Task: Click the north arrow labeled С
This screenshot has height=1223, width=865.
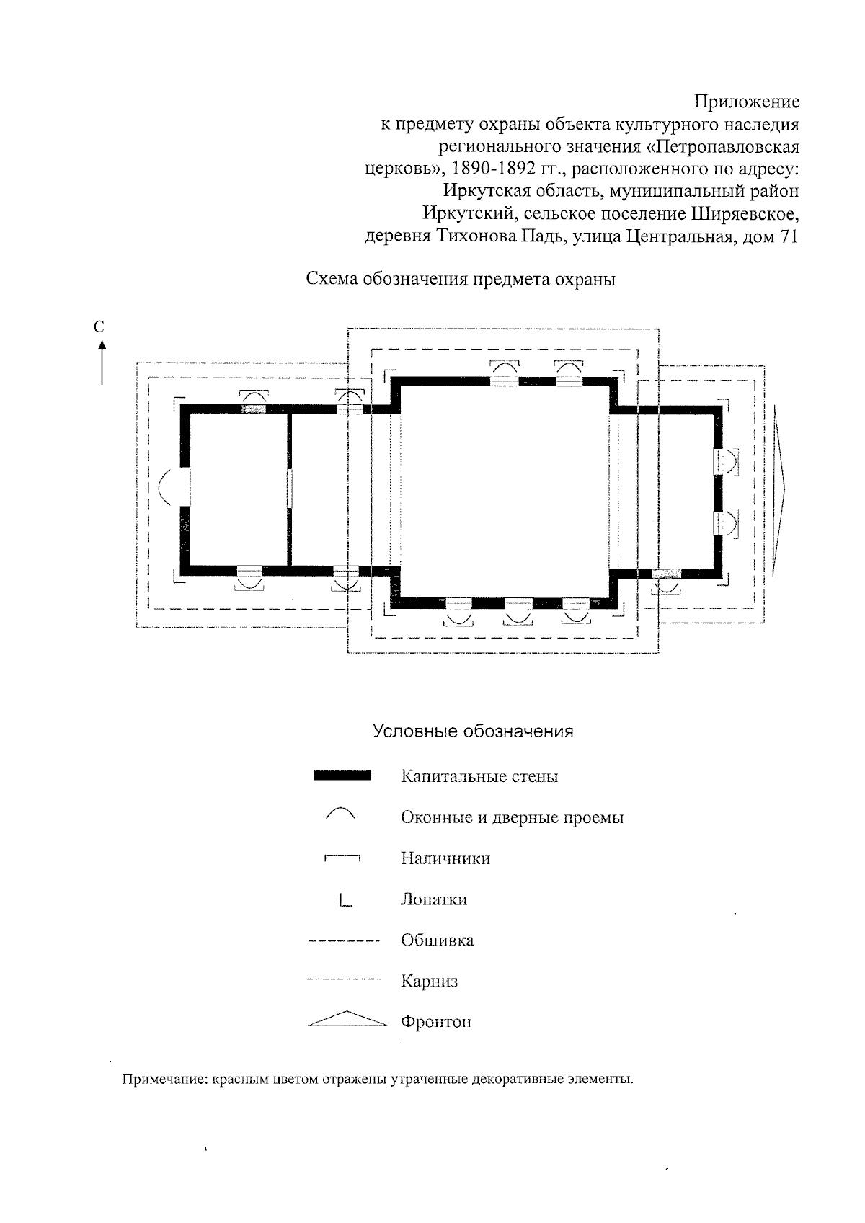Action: coord(102,353)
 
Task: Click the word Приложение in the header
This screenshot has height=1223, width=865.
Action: coord(747,102)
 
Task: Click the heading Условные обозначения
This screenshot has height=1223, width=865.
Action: coord(473,731)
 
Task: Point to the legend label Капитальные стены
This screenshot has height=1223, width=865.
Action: coord(479,777)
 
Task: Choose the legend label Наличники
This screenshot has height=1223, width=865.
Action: coord(445,858)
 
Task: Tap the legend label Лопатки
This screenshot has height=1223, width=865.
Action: coord(434,899)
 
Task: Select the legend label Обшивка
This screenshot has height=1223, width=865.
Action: coord(437,940)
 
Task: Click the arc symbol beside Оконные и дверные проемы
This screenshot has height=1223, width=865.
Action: coord(341,814)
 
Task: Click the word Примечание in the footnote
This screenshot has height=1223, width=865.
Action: coord(163,1080)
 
